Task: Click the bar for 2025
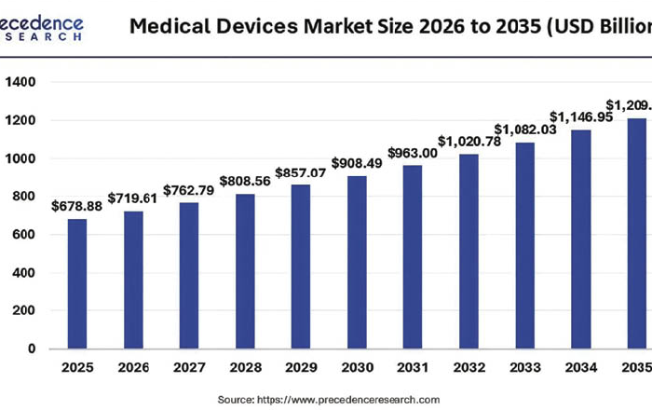(77, 283)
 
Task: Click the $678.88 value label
(76, 206)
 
